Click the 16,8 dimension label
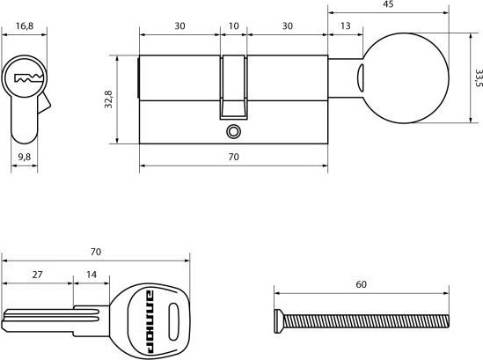25,26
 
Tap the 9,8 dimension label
25,157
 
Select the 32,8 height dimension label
108,99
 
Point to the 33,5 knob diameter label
478,78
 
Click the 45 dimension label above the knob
389,4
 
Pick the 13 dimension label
345,26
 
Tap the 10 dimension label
233,26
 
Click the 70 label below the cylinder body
233,157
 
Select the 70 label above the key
96,252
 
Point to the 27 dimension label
37,275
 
